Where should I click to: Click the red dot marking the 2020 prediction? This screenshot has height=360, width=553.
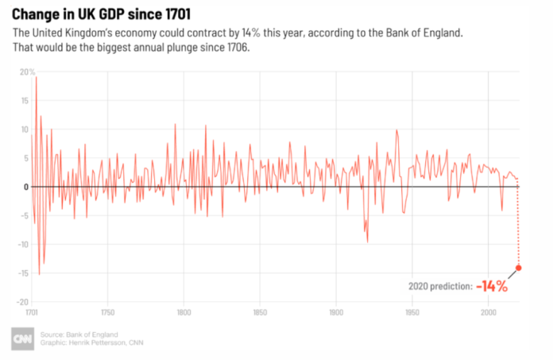[519, 268]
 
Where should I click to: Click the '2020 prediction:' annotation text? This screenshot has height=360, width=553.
[440, 285]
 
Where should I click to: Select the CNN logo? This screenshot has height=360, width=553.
[22, 339]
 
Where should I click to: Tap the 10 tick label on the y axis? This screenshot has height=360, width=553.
[24, 129]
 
